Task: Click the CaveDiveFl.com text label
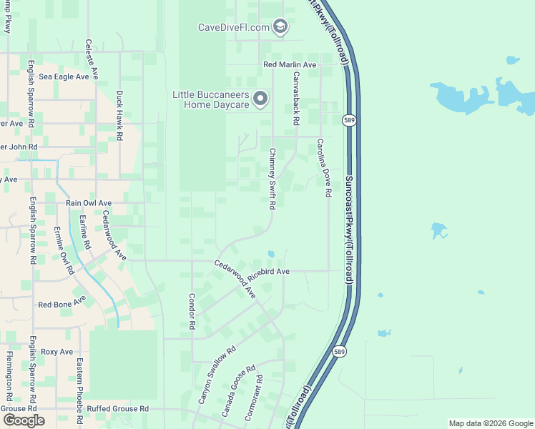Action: (233, 28)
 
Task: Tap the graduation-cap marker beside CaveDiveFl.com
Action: (280, 27)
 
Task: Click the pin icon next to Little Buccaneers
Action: (261, 99)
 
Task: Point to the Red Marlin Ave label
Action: (290, 65)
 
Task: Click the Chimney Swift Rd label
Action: (273, 179)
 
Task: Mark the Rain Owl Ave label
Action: (89, 203)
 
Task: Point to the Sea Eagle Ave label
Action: (64, 77)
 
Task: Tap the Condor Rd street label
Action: (192, 311)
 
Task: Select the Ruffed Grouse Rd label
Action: (115, 409)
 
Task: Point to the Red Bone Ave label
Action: (62, 302)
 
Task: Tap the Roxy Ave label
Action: (57, 352)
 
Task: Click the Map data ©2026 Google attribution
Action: (491, 423)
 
